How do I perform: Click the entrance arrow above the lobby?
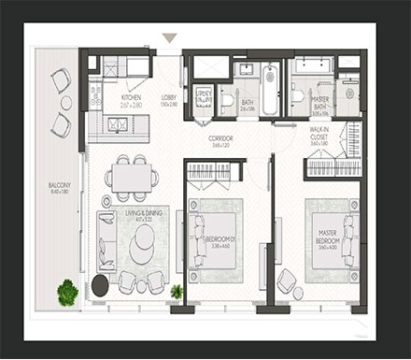point(169,38)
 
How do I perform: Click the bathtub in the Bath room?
point(269,90)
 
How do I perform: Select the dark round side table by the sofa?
point(100,285)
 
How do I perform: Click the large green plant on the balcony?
point(67,293)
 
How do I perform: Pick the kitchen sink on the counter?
point(118,122)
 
